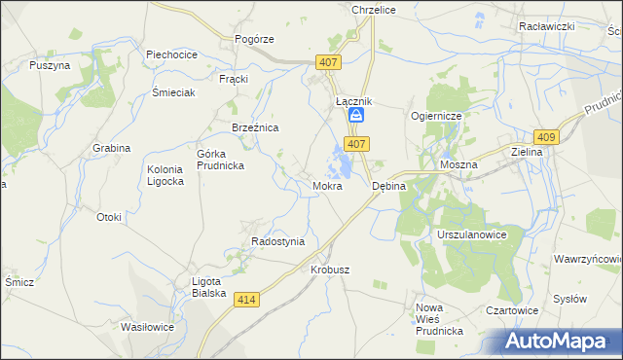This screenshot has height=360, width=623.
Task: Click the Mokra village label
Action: click(x=327, y=185)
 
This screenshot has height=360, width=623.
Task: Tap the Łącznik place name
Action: click(x=354, y=100)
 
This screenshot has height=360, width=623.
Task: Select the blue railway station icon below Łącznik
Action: click(x=357, y=116)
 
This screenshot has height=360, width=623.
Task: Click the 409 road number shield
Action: click(x=546, y=138)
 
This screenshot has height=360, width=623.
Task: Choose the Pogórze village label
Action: click(x=254, y=39)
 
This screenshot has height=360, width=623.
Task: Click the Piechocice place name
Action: click(x=172, y=54)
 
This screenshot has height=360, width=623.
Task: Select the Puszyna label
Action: click(x=50, y=65)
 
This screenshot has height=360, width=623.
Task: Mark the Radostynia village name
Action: click(x=277, y=241)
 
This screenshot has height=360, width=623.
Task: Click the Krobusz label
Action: click(x=330, y=270)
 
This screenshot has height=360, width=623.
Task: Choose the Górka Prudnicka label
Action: click(x=220, y=160)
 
